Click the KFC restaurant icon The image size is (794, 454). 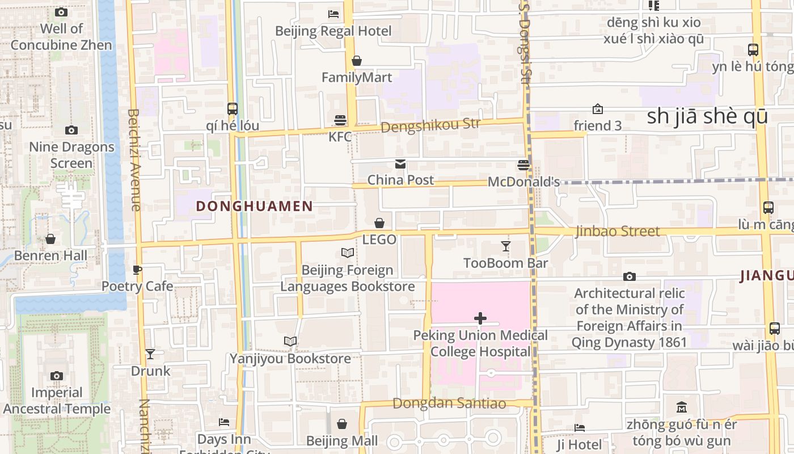point(340,120)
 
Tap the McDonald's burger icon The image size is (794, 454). point(523,165)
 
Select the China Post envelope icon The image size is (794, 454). point(400,164)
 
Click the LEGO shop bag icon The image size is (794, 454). point(379,224)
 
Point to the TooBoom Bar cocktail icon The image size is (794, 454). point(506,246)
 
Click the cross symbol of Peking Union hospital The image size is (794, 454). point(480,318)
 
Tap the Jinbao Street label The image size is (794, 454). point(618,231)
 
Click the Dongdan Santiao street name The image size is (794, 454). point(449,403)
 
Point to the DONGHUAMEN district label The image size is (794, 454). point(255,207)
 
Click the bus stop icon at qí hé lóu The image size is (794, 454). point(232,108)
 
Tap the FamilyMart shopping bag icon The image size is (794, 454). point(357,61)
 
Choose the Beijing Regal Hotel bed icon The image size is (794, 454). point(333,14)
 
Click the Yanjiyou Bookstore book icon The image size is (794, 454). point(290,341)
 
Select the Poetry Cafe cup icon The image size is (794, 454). point(137,270)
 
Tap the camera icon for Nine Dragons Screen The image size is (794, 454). point(71,130)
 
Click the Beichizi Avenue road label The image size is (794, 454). point(134,160)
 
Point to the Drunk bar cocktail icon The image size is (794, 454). point(150,354)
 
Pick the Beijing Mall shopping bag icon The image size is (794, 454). point(342,424)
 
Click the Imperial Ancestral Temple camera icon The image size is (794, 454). point(56,376)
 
